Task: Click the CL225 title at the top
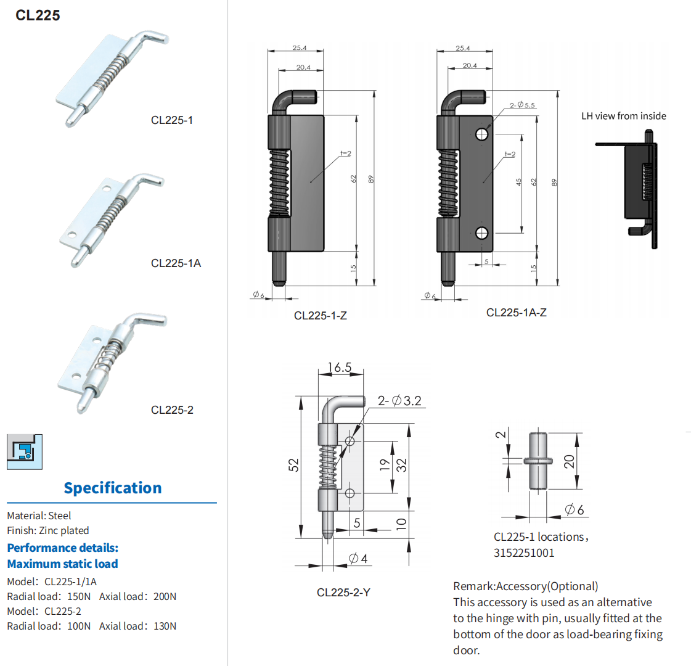pyautogui.click(x=38, y=15)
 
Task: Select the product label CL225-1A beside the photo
pyautogui.click(x=176, y=263)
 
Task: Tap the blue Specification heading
pyautogui.click(x=113, y=488)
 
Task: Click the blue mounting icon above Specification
pyautogui.click(x=25, y=451)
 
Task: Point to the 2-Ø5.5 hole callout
pyautogui.click(x=522, y=105)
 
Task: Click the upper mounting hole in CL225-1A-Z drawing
pyautogui.click(x=482, y=133)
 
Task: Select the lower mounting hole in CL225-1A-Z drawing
pyautogui.click(x=482, y=233)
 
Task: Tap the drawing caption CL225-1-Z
pyautogui.click(x=320, y=316)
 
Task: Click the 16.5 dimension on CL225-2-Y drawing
pyautogui.click(x=339, y=368)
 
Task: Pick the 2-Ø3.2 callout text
pyautogui.click(x=399, y=401)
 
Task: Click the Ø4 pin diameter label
pyautogui.click(x=358, y=559)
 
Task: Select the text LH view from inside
pyautogui.click(x=623, y=116)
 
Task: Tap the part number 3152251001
pyautogui.click(x=524, y=553)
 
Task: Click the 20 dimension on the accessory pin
pyautogui.click(x=569, y=461)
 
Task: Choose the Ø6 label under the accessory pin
pyautogui.click(x=574, y=509)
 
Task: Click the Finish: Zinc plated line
pyautogui.click(x=48, y=530)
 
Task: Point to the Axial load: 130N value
pyautogui.click(x=138, y=626)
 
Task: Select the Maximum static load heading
pyautogui.click(x=62, y=564)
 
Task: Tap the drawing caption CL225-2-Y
pyautogui.click(x=343, y=593)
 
